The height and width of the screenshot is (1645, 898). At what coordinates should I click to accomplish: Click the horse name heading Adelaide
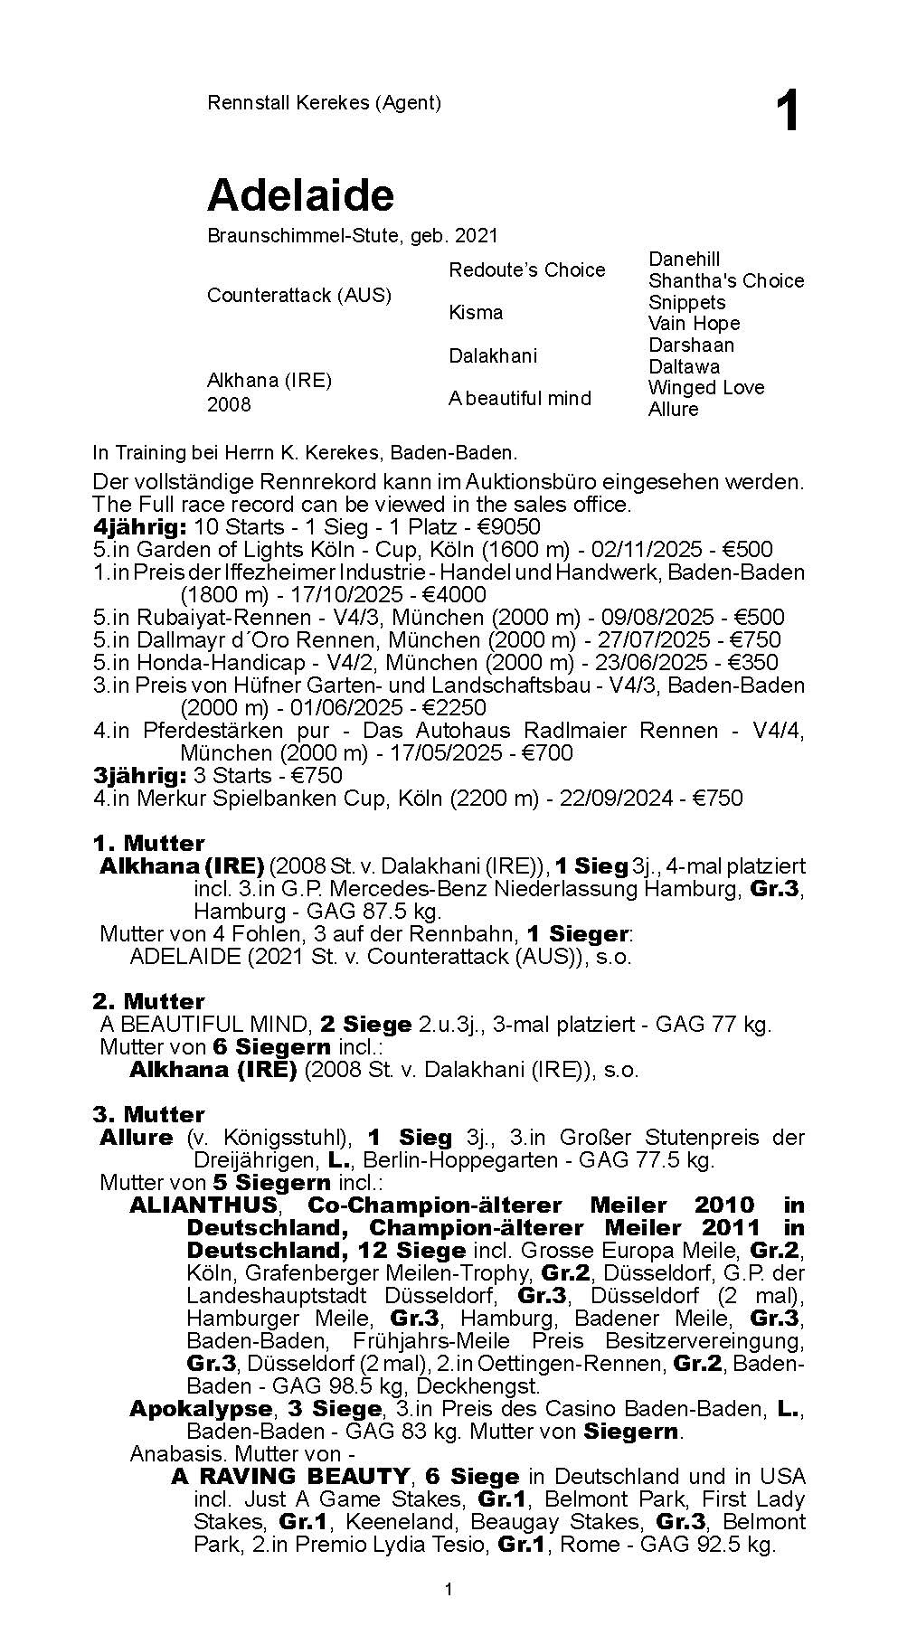point(300,195)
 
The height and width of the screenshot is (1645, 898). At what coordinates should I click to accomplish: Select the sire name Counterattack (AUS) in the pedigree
point(299,296)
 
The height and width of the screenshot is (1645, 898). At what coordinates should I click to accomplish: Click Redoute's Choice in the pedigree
point(526,269)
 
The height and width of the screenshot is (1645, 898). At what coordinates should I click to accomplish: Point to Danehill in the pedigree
point(685,260)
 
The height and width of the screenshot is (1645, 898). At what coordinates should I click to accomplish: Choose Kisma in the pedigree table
point(476,313)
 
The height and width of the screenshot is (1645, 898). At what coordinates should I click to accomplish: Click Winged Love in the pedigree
point(706,388)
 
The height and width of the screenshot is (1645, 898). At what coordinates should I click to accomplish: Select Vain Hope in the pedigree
point(694,324)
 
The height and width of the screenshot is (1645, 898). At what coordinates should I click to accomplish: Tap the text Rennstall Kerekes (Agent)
point(324,102)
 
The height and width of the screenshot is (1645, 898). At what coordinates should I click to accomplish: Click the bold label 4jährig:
point(139,527)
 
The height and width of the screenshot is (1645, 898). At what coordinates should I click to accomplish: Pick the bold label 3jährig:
point(139,776)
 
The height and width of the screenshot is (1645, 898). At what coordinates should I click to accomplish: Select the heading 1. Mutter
point(148,844)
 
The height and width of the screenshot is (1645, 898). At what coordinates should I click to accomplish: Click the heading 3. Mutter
point(148,1114)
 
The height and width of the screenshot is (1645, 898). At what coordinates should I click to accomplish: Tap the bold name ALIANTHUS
point(203,1205)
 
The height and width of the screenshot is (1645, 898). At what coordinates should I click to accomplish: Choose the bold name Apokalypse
point(201,1409)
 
